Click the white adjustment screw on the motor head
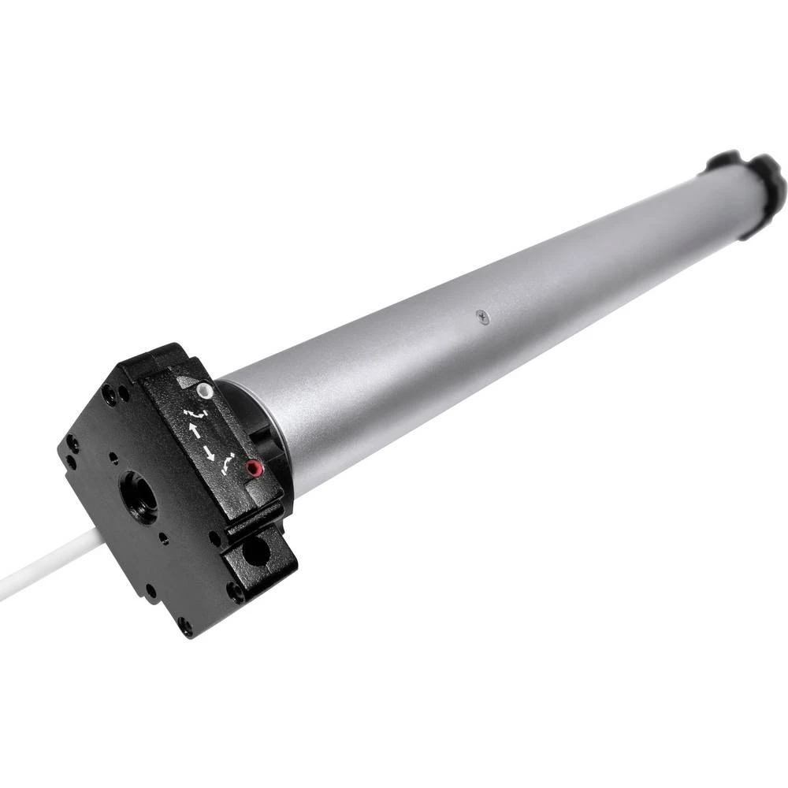(206, 389)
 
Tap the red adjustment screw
(251, 469)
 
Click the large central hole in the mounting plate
(139, 497)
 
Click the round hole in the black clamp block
(256, 552)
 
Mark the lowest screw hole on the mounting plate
(185, 626)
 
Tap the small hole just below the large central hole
(163, 538)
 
